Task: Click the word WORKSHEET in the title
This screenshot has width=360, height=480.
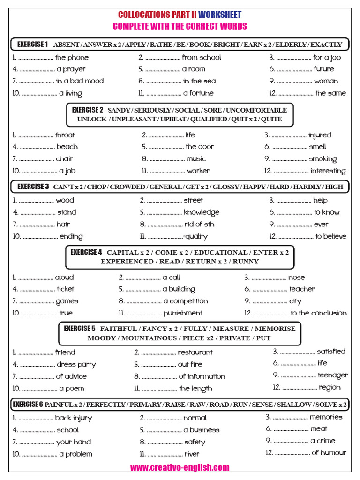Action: click(220, 15)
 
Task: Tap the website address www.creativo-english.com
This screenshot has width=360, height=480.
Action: click(180, 467)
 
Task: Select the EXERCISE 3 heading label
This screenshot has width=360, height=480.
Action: click(33, 187)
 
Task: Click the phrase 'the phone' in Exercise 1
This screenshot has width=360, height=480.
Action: click(72, 58)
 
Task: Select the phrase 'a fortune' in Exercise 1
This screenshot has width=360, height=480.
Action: click(198, 93)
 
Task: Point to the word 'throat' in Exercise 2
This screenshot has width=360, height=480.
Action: click(65, 135)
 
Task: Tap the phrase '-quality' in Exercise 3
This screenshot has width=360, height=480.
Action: click(195, 237)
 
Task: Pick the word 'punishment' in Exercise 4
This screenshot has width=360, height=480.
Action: click(183, 313)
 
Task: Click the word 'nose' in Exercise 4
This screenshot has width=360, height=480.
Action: click(296, 277)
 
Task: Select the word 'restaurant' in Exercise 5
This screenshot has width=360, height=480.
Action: click(195, 352)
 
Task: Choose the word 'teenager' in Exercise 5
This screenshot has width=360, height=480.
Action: click(333, 375)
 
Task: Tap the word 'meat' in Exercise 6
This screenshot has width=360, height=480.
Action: click(319, 428)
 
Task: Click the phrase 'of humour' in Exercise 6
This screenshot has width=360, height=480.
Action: click(329, 452)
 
